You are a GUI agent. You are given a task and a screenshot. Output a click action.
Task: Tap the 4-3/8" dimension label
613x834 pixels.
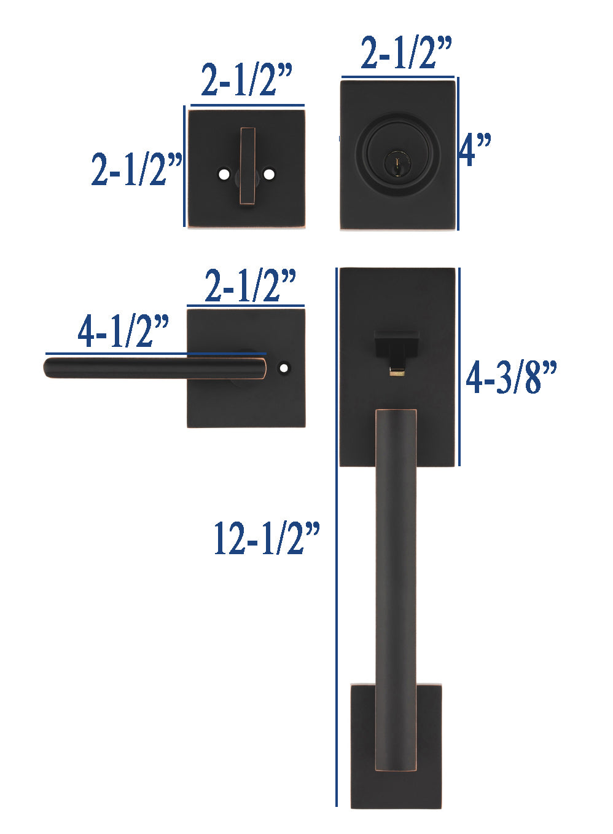[511, 377]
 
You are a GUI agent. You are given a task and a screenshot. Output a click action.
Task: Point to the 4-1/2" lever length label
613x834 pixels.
[123, 331]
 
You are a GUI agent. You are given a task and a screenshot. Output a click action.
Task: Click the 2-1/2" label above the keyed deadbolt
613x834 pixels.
[407, 52]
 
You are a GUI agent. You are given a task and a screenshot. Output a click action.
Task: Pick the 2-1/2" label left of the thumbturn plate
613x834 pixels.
[137, 169]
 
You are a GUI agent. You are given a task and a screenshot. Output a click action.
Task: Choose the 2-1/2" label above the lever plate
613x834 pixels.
[250, 285]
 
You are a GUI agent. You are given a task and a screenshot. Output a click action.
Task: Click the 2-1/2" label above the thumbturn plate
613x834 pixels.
[247, 80]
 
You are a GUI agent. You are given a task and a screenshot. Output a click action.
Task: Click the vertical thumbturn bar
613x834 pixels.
[247, 166]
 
